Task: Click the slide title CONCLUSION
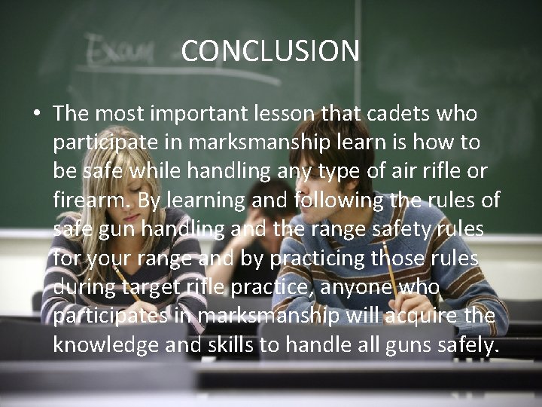(270, 51)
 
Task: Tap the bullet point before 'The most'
(36, 115)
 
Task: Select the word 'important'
(200, 115)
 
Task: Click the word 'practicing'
(321, 258)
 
